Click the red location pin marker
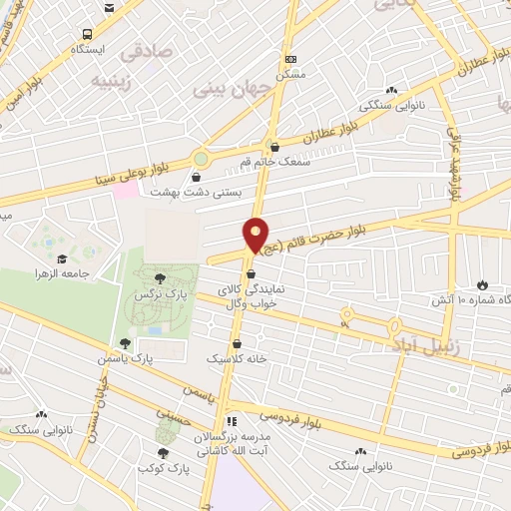click(256, 236)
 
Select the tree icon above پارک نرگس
click(162, 276)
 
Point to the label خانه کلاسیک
click(231, 356)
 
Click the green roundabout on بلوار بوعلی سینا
click(203, 158)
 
